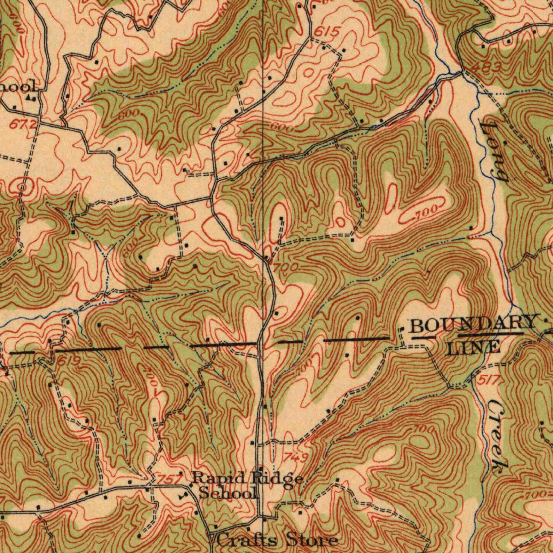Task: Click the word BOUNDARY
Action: coord(474,325)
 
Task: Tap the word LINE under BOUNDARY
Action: coord(474,347)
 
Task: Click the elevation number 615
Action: coord(327,33)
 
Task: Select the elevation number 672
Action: coord(24,125)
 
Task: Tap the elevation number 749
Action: coord(296,457)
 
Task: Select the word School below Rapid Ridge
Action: coord(227,493)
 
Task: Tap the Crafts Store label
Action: coord(278,539)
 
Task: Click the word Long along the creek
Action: coord(493,151)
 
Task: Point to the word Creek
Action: coord(500,437)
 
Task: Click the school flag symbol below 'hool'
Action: coord(31,98)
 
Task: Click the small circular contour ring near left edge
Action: coord(22,187)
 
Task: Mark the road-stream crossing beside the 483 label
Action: coord(462,72)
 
